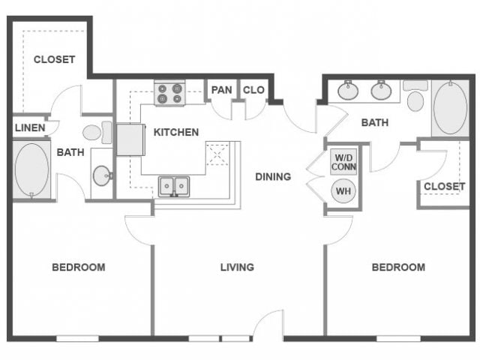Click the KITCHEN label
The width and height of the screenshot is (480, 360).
coord(176,132)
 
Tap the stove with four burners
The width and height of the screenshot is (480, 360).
coord(169,93)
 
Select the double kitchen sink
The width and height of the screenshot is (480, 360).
coord(174,186)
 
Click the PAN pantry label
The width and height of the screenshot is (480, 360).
coord(221,91)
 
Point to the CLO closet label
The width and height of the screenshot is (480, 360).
coord(253,91)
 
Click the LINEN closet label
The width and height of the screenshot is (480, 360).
coord(30,128)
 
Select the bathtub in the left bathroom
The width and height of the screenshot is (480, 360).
coord(31,170)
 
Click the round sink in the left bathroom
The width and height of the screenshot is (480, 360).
coord(103,175)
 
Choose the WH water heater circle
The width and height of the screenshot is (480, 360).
coord(343,191)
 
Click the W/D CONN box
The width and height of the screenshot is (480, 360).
coord(343,162)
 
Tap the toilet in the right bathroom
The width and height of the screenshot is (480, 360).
coord(415,97)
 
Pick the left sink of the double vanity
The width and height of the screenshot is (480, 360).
coord(348,91)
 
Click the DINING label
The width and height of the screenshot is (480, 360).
coord(273,177)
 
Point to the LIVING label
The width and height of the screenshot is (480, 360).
coord(237,267)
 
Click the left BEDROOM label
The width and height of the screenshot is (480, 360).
coord(78,267)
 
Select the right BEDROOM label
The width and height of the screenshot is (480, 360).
coord(398,267)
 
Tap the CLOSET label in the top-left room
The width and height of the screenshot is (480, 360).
coord(54,59)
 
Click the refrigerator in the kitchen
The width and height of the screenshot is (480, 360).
coord(130,139)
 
